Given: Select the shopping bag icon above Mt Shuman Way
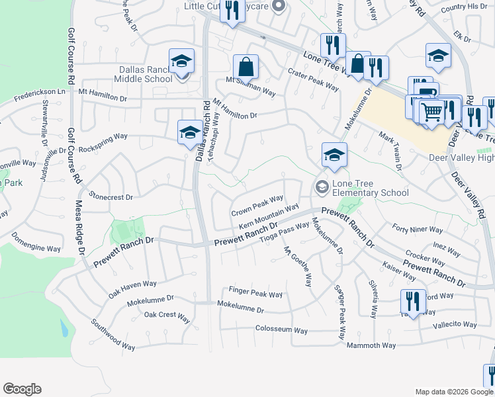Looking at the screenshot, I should click(x=246, y=66).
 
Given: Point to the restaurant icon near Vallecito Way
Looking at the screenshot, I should click(x=413, y=301).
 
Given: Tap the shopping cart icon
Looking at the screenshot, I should click(x=431, y=111).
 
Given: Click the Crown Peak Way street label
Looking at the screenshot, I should click(x=257, y=206).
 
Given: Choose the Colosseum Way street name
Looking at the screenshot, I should click(x=281, y=329).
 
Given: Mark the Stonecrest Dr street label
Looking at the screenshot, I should click(x=111, y=197).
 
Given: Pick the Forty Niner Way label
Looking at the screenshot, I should click(x=418, y=230).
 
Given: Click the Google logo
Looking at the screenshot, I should click(x=22, y=389).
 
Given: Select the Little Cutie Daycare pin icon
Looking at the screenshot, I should click(x=279, y=7).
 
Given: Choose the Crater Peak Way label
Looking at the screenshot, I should click(x=313, y=81).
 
